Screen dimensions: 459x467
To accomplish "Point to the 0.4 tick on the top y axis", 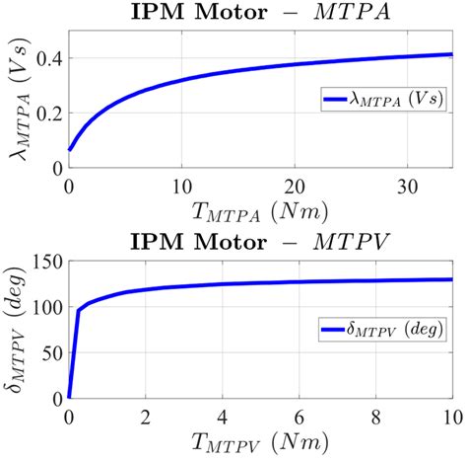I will coord(45,58).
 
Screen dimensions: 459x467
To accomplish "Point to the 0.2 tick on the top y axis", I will coord(45,114).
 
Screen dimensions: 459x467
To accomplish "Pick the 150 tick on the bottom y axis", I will coord(42,262).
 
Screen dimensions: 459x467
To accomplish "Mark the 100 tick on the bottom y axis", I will coord(42,307).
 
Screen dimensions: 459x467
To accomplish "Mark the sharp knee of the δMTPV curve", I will coord(79,311).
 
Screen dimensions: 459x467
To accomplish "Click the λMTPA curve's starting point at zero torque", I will coord(69,150).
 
